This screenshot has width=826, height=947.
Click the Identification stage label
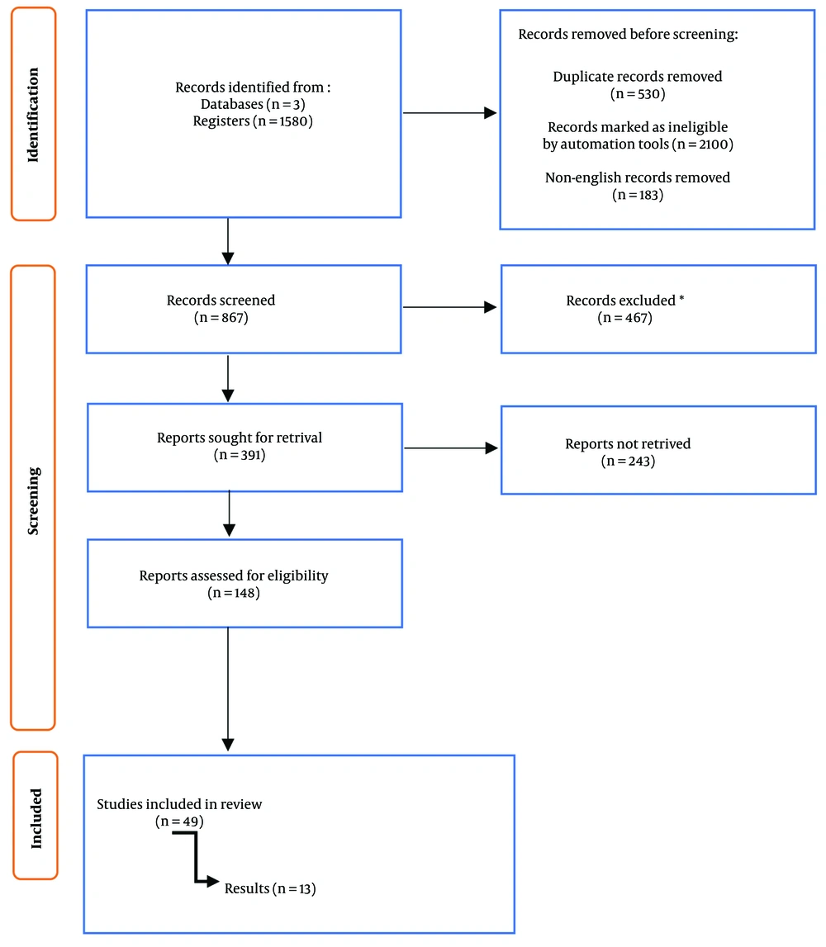click(x=33, y=115)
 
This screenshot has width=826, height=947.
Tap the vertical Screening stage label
click(x=33, y=500)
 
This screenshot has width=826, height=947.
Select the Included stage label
click(x=36, y=818)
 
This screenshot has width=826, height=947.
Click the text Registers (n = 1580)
click(x=253, y=121)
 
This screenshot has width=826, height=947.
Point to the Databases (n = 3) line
click(x=253, y=105)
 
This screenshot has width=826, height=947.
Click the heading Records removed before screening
click(x=628, y=35)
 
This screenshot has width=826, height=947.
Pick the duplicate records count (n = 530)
click(x=638, y=94)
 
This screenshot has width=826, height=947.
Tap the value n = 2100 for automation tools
click(x=703, y=144)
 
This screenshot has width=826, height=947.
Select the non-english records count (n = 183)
click(x=638, y=195)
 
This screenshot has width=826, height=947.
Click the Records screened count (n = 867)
click(x=221, y=318)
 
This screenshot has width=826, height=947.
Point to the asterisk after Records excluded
click(x=681, y=298)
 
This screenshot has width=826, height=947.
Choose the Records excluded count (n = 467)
click(x=624, y=318)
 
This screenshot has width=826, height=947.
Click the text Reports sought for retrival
click(x=240, y=438)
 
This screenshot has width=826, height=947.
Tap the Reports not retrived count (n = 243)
click(x=628, y=462)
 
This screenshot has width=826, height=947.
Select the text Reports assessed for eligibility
click(x=233, y=575)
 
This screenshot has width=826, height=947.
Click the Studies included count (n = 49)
click(x=179, y=822)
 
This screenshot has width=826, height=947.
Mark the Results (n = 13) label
click(x=270, y=889)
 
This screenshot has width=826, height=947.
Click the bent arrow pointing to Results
click(x=196, y=858)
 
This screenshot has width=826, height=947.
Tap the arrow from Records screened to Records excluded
click(x=449, y=307)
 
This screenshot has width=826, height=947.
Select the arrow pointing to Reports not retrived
click(x=451, y=448)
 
